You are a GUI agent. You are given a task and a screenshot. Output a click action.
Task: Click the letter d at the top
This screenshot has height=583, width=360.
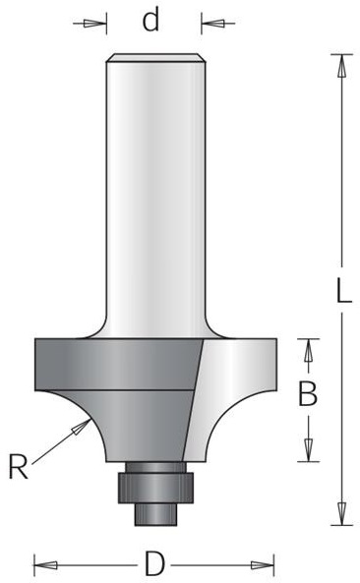tap(151, 20)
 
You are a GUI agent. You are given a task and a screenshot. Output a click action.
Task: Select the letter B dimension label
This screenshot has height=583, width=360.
tap(308, 394)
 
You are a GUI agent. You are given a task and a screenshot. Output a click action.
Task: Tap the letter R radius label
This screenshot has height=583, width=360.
tap(18, 467)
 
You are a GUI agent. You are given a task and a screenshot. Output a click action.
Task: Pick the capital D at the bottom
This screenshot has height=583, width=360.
tap(154, 563)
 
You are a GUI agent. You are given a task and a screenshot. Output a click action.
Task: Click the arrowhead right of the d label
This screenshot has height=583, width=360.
tap(213, 24)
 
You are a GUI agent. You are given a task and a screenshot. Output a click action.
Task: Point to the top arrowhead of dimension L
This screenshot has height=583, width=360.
tap(341, 66)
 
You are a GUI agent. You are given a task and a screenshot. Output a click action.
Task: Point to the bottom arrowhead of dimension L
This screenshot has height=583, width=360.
tap(341, 513)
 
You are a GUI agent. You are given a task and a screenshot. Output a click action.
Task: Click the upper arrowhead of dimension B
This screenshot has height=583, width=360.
tap(308, 350)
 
